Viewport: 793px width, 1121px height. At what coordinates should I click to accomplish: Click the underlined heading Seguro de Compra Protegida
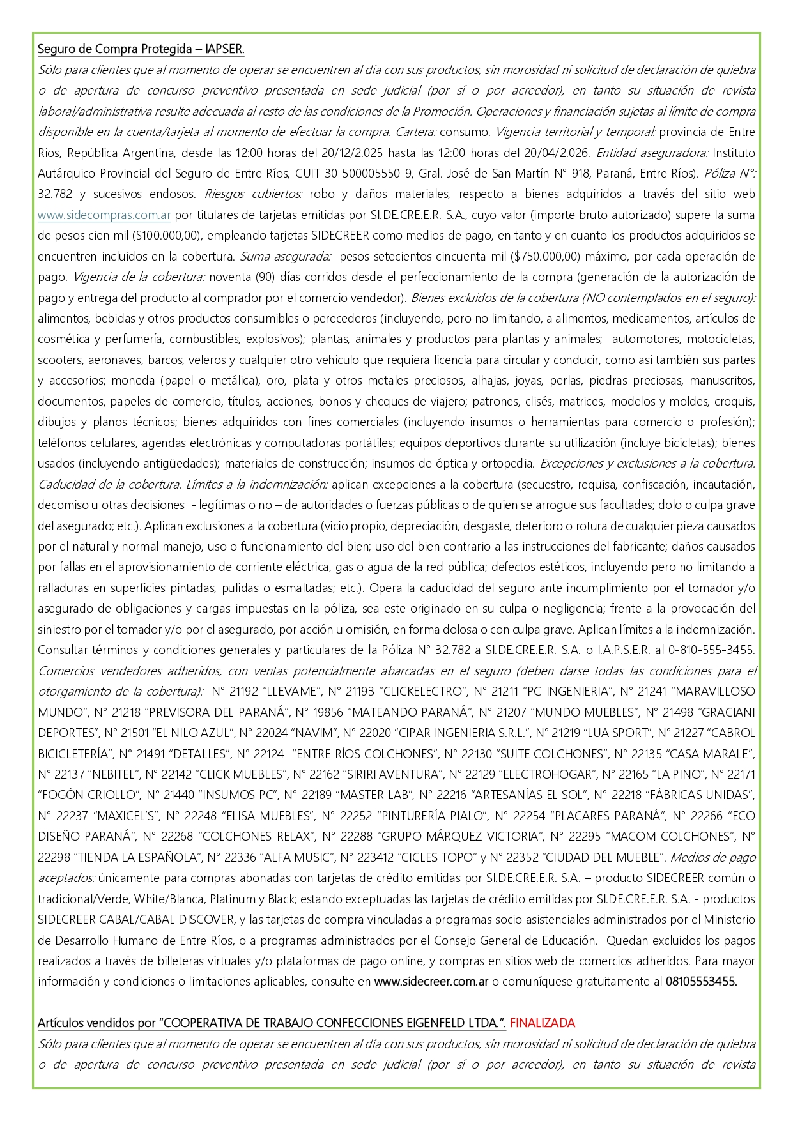tap(141, 49)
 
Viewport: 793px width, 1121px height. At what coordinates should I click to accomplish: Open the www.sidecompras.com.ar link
tap(104, 215)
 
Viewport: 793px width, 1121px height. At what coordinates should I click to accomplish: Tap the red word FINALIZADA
tap(543, 1023)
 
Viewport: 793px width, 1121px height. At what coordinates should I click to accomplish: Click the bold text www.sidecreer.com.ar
tap(431, 982)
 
